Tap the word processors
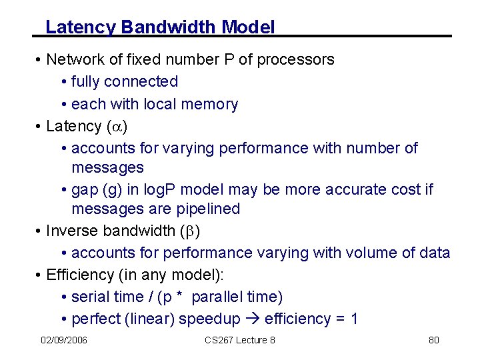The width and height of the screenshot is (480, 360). pos(295,59)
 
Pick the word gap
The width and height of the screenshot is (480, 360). pos(87,189)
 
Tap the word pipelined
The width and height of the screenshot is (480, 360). pos(207,209)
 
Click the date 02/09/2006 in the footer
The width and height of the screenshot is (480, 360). pos(64,341)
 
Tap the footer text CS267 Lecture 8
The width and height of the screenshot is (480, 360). pos(240,341)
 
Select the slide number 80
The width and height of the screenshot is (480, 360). pos(433,341)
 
